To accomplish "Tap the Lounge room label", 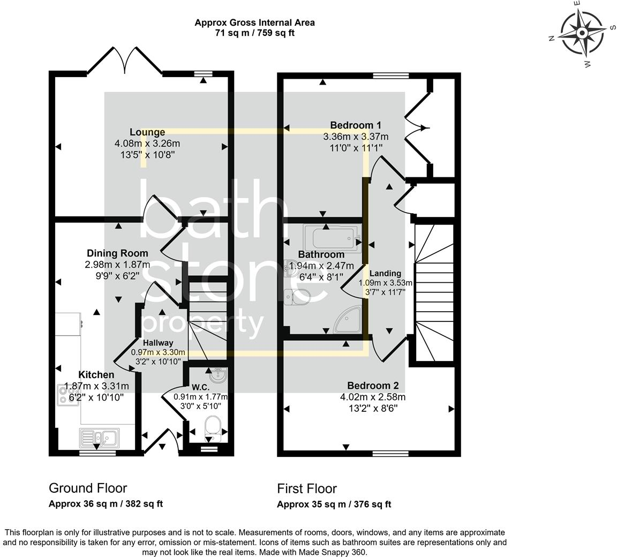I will tap(147, 132).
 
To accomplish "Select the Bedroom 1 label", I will tap(355, 125).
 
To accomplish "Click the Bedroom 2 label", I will tap(373, 386).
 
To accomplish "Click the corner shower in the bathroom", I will tap(349, 320).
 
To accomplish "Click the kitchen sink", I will tap(101, 438).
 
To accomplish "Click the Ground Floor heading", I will tap(88, 488).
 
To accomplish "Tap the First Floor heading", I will tap(307, 489).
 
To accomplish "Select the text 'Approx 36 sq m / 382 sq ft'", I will tap(106, 504).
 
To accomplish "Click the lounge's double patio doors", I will tap(125, 61).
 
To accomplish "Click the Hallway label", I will tap(157, 343).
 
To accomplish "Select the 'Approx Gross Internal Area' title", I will tap(254, 22).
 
